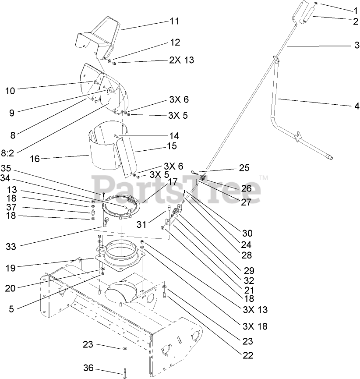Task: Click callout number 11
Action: pyautogui.click(x=174, y=21)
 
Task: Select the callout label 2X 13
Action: pyautogui.click(x=181, y=60)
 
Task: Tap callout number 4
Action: pyautogui.click(x=357, y=106)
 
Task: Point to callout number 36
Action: pyautogui.click(x=88, y=368)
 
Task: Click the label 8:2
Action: pyautogui.click(x=7, y=153)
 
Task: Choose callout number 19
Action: pyautogui.click(x=11, y=268)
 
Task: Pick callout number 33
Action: pyautogui.click(x=11, y=247)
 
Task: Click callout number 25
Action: pyautogui.click(x=244, y=168)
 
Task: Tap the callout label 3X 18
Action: pyautogui.click(x=255, y=326)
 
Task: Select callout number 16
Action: pyautogui.click(x=35, y=159)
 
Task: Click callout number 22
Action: pyautogui.click(x=248, y=355)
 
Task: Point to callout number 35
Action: pyautogui.click(x=6, y=168)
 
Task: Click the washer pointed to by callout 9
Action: pyautogui.click(x=109, y=90)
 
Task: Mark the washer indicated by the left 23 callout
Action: pyautogui.click(x=125, y=348)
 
